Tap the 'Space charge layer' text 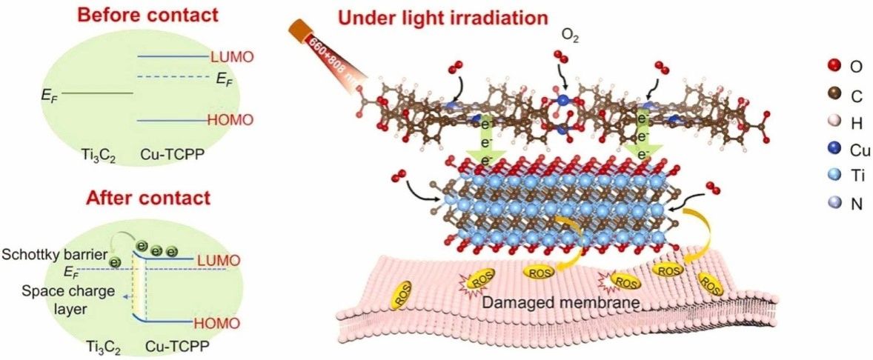coord(50,298)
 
